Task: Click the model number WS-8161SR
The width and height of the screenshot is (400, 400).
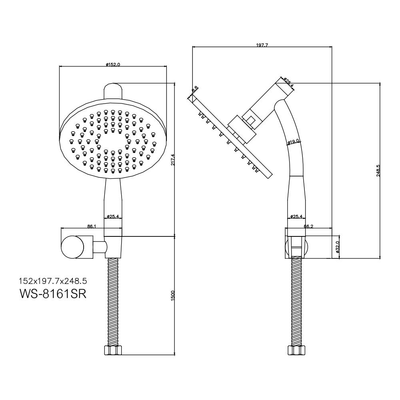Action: pos(53,294)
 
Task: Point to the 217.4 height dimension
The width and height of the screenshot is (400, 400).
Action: pos(172,160)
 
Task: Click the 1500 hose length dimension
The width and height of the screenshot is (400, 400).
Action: pos(172,296)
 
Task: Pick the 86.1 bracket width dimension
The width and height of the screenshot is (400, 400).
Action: pos(92,226)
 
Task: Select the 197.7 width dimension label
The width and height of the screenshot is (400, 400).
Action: pos(262,45)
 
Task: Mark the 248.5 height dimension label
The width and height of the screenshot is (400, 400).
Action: pos(378,171)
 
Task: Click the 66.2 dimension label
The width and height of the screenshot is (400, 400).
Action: pos(308,226)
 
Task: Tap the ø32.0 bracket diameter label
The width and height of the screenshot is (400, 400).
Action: pos(337,247)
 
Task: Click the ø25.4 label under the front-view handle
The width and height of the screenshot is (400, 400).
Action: pos(113,216)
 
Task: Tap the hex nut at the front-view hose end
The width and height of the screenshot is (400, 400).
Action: pos(113,350)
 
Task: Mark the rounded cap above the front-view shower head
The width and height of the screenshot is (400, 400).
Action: pos(113,91)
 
